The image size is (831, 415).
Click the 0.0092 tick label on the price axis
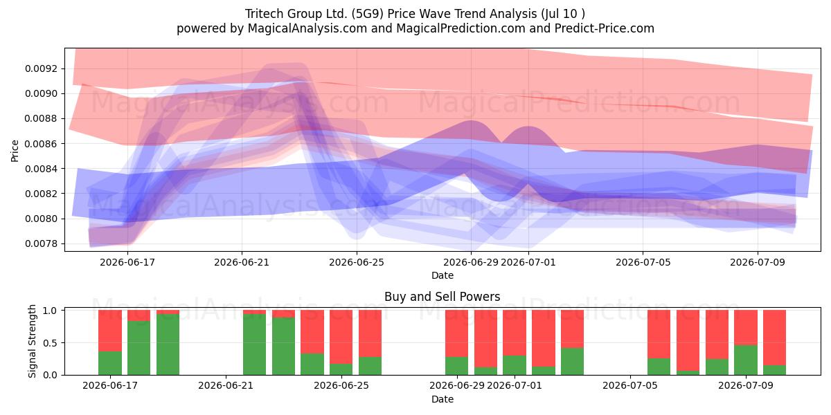coord(41,69)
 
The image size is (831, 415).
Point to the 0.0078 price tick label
coord(41,243)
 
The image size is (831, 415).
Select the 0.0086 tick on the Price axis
coord(41,144)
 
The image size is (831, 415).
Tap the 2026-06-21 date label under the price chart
coord(242,262)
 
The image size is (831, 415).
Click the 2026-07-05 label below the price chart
coord(643,262)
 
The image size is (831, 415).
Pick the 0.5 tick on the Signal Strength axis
coord(51,343)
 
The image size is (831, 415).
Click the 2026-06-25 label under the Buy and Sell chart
coord(341,386)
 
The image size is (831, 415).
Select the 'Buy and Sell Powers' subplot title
coord(443,297)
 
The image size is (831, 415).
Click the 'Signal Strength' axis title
coord(33,341)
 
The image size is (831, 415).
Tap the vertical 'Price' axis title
coord(15,151)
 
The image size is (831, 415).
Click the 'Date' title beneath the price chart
coord(443,275)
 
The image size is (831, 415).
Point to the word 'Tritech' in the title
coord(263,14)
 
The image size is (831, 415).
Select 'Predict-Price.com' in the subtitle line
coord(605,28)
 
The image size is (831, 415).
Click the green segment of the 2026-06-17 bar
coord(110,363)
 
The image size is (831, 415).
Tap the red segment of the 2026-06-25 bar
coord(341,337)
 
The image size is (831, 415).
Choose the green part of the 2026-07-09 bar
coord(746,360)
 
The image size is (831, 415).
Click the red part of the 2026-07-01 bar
coord(515,333)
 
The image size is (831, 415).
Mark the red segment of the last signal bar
coord(775,338)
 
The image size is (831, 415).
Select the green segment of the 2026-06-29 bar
coord(456,366)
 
